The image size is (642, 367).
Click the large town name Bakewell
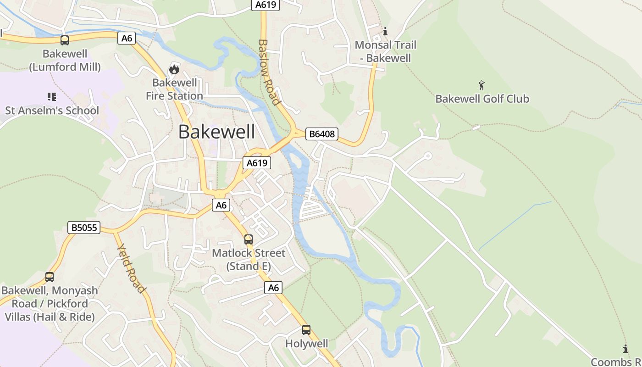click(x=216, y=132)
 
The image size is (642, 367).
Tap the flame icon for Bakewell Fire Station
click(x=174, y=69)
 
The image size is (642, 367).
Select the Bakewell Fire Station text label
click(x=174, y=89)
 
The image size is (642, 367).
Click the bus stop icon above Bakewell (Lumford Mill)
click(x=65, y=40)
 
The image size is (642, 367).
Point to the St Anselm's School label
click(x=52, y=110)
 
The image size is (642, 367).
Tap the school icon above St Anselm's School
click(x=51, y=96)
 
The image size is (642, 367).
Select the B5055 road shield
click(x=83, y=227)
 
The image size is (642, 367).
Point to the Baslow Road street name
click(x=269, y=72)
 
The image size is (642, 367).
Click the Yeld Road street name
click(x=131, y=269)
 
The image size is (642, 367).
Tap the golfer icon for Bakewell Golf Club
click(x=481, y=85)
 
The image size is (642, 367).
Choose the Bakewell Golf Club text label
click(x=482, y=99)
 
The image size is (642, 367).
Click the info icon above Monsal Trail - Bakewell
click(x=385, y=31)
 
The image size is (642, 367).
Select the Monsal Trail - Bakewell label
click(x=386, y=51)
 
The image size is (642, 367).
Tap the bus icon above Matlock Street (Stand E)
click(x=249, y=239)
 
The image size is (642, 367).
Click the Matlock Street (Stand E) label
click(x=249, y=259)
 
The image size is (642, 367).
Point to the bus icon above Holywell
click(x=306, y=329)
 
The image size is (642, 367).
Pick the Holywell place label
click(x=307, y=344)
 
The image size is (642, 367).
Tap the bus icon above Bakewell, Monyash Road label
click(x=50, y=277)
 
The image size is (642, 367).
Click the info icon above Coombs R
click(x=625, y=348)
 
